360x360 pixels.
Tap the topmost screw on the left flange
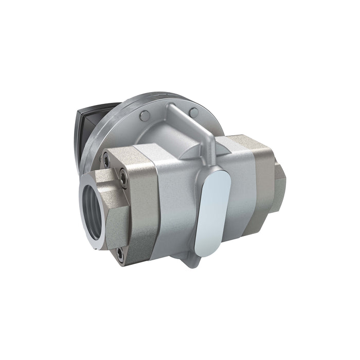(x=106, y=160)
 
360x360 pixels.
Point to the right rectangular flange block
(x=257, y=180)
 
